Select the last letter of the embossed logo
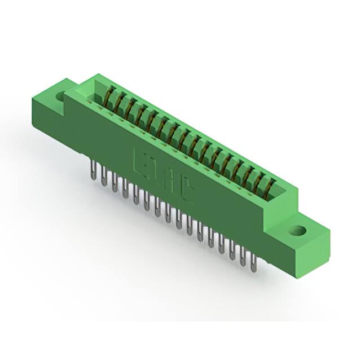click(x=188, y=193)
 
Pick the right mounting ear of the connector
click(x=305, y=237)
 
